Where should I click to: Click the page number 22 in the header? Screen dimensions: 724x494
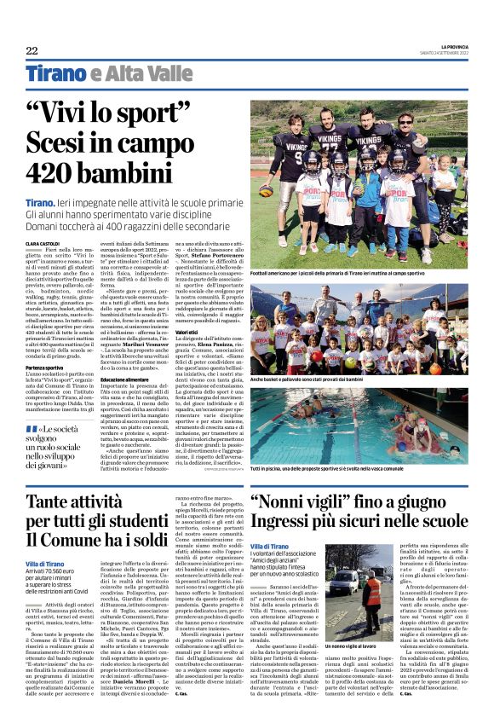pyautogui.click(x=31, y=49)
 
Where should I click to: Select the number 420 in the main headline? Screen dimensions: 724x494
pyautogui.click(x=80, y=171)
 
